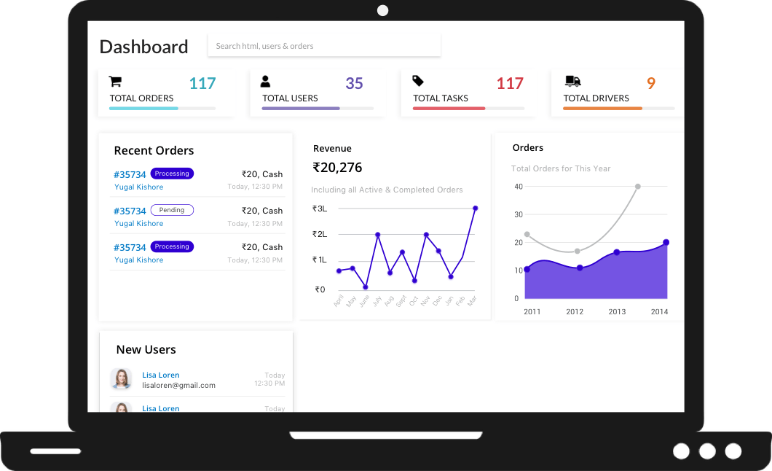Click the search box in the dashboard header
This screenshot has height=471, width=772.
[324, 46]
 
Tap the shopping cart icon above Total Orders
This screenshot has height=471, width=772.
[115, 81]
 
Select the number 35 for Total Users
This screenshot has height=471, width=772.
[354, 83]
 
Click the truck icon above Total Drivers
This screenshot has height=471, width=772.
[572, 81]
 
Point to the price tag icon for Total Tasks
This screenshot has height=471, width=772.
[418, 81]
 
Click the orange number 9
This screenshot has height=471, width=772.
[651, 83]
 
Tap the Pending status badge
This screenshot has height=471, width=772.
[172, 210]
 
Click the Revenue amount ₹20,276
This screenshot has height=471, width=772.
[337, 168]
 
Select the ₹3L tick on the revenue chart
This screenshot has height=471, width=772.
[320, 209]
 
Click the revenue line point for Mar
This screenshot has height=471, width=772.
[475, 209]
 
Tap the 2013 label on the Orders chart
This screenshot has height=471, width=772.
[617, 311]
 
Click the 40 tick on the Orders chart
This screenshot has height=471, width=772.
[519, 187]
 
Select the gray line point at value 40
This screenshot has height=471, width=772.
[637, 187]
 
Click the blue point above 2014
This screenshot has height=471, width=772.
[666, 242]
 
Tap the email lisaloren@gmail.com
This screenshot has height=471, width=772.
[178, 385]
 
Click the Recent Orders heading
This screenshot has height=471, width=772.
[154, 151]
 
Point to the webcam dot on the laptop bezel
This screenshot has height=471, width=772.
[382, 10]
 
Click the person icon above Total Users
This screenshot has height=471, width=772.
[266, 81]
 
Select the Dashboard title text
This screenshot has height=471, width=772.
[143, 47]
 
